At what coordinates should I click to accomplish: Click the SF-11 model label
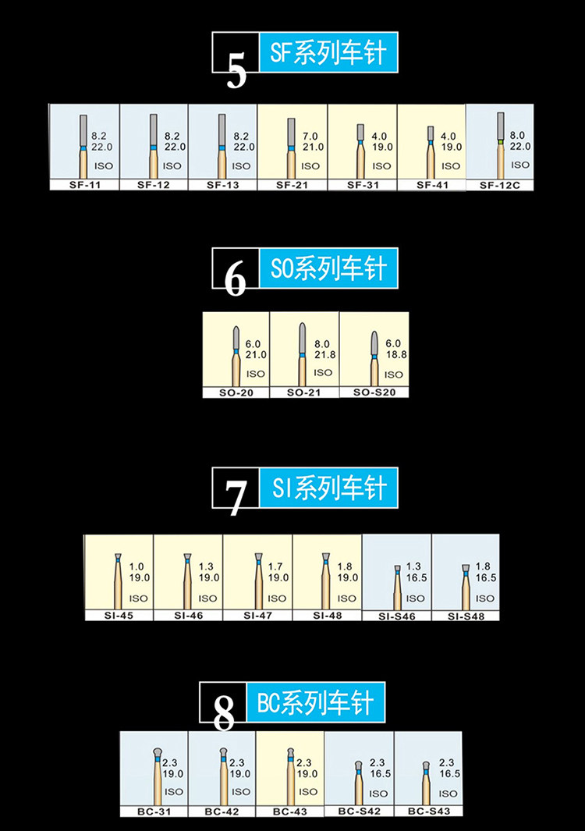[x=85, y=185]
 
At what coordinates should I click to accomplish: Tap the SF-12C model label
[x=500, y=185]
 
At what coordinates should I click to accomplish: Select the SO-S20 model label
[x=374, y=392]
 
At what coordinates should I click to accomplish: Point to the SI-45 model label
[x=119, y=616]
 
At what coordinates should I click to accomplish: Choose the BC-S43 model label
[x=429, y=811]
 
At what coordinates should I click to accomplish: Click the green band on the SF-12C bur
[x=500, y=142]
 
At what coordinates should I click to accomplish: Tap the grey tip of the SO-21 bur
[x=302, y=338]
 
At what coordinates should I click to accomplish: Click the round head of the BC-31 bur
[x=158, y=752]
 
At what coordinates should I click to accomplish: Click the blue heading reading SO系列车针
[x=328, y=268]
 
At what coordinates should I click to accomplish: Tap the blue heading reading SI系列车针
[x=328, y=488]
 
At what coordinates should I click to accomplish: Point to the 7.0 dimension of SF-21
[x=310, y=137]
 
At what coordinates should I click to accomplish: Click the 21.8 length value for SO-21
[x=324, y=355]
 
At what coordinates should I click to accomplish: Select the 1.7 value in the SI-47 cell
[x=275, y=566]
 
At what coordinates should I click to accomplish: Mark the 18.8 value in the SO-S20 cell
[x=395, y=354]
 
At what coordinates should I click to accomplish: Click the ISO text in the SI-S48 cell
[x=484, y=598]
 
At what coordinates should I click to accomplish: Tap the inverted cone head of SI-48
[x=326, y=556]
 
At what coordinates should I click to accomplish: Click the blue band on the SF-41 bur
[x=431, y=143]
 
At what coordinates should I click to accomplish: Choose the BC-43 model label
[x=290, y=811]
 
